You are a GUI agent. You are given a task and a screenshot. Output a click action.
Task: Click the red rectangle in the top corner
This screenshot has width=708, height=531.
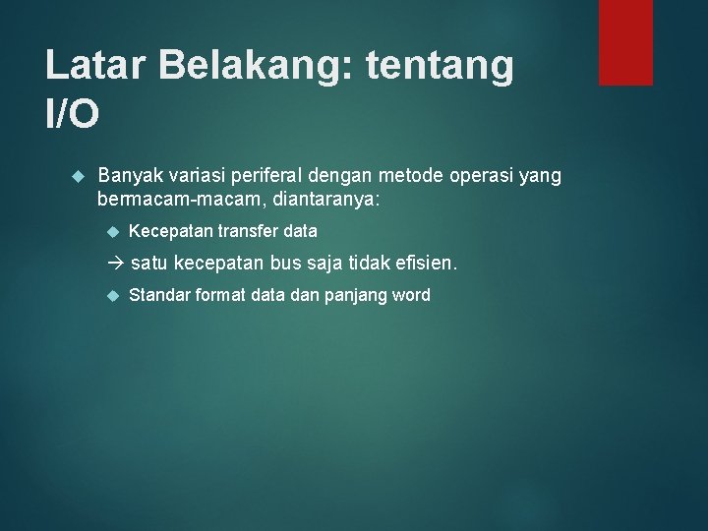pyautogui.click(x=625, y=41)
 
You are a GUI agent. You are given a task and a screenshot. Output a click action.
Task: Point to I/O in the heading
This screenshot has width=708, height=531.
pyautogui.click(x=73, y=115)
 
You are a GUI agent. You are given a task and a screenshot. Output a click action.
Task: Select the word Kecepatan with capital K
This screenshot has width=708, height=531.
pyautogui.click(x=171, y=232)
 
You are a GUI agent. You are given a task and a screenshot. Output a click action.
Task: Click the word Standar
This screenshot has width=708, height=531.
pyautogui.click(x=159, y=295)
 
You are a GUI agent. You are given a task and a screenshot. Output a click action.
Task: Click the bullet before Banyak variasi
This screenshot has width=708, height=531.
pyautogui.click(x=80, y=176)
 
